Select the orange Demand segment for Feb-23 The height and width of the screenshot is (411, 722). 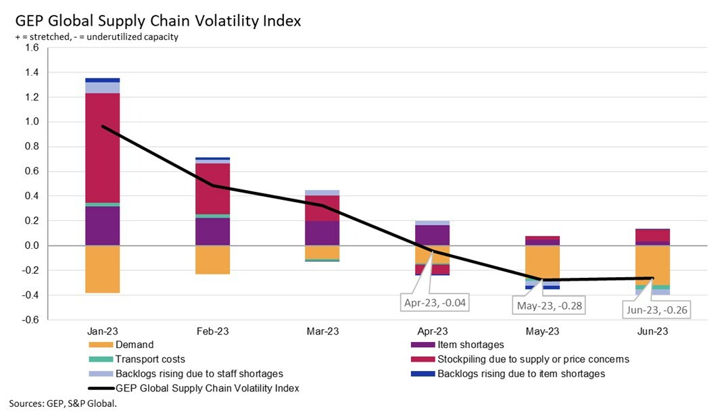pos(212,260)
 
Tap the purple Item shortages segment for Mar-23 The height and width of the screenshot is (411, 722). pos(322,233)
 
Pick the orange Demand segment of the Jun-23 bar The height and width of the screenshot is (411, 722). pos(652,265)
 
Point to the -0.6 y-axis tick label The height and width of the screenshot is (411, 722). pos(30,320)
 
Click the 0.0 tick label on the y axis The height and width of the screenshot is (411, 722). pos(32,245)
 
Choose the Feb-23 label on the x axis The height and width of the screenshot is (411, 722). pos(212,331)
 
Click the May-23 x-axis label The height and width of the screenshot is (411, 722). pos(542,331)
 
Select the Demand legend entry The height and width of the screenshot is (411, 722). pos(134,345)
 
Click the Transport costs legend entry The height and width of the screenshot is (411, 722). pos(149,360)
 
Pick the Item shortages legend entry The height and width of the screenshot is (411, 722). pos(471,345)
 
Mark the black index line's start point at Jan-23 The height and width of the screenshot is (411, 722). pos(103,126)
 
